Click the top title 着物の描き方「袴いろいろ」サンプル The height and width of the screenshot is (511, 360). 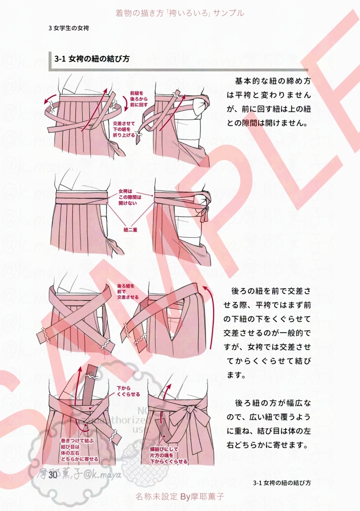180,12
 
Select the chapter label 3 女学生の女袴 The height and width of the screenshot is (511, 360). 68,28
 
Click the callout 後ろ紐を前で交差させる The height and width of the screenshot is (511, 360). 128,291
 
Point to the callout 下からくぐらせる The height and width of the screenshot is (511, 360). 128,391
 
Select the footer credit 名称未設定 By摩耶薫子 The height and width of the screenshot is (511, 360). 180,497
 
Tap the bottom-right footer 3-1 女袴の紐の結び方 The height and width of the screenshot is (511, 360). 282,483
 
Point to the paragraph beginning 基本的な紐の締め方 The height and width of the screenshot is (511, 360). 269,102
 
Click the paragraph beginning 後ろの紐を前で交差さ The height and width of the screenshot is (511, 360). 268,333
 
